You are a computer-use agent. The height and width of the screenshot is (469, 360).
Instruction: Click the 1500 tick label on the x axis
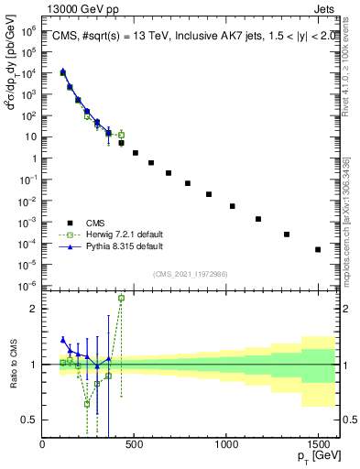(x=318, y=444)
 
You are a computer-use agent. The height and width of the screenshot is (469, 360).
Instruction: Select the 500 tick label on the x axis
(x=135, y=444)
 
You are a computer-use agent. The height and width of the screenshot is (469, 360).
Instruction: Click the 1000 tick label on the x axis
(x=226, y=444)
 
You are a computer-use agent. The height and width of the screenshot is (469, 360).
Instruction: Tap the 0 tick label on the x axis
(x=43, y=444)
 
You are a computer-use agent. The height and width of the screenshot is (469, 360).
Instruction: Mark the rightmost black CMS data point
(x=318, y=249)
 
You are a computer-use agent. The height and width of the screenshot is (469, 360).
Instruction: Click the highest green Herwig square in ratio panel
(x=122, y=298)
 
